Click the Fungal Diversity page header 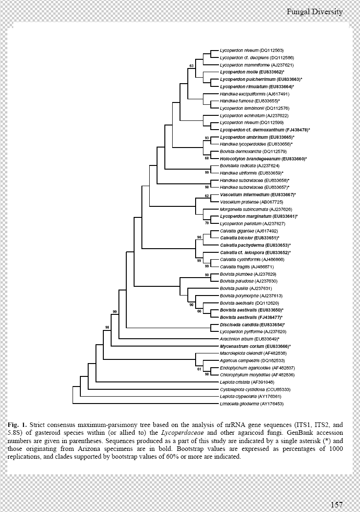click(x=315, y=12)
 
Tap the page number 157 click(x=337, y=505)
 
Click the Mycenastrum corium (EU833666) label click(x=255, y=346)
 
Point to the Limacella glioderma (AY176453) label click(x=252, y=404)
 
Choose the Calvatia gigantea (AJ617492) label click(x=249, y=231)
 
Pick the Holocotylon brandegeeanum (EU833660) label click(x=264, y=159)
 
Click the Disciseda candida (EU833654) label click(x=253, y=324)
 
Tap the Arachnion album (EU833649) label click(x=249, y=339)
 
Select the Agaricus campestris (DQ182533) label click(x=253, y=361)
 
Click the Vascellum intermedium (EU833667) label click(x=258, y=194)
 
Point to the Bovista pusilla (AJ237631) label click(x=246, y=288)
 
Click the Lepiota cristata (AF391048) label click(x=247, y=382)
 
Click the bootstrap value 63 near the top click(x=191, y=66)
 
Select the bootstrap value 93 click(x=207, y=138)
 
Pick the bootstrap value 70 click(x=207, y=223)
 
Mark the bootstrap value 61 click(x=199, y=370)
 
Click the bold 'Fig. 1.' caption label click(x=17, y=425)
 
